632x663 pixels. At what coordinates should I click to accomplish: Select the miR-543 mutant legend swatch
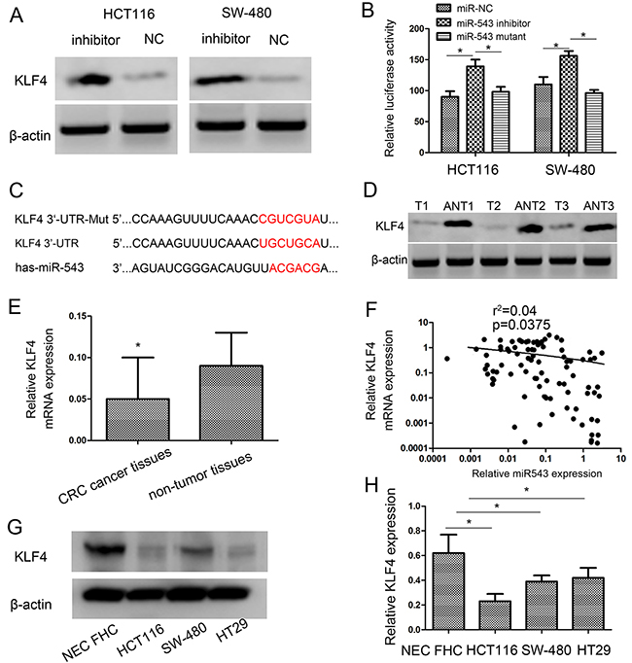[444, 37]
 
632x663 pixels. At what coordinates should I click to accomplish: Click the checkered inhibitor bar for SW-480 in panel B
[569, 104]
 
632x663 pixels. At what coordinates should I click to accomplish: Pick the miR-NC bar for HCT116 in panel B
[449, 124]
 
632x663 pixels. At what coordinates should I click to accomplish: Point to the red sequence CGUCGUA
[289, 219]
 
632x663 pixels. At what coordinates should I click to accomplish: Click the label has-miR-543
[50, 267]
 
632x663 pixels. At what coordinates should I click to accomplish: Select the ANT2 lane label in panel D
[530, 206]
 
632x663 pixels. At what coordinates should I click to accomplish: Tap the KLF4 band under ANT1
[458, 225]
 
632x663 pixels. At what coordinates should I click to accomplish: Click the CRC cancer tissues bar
[138, 419]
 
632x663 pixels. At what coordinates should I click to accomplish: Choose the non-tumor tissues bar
[231, 403]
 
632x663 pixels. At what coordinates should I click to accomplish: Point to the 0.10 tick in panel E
[78, 358]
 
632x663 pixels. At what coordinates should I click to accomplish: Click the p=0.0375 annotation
[521, 325]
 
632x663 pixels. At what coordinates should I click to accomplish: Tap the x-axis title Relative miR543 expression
[537, 473]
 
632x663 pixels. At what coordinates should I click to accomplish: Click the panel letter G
[16, 527]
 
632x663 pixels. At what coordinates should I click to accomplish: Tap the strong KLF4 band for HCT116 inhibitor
[87, 79]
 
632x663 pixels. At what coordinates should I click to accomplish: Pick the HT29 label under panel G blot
[231, 630]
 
